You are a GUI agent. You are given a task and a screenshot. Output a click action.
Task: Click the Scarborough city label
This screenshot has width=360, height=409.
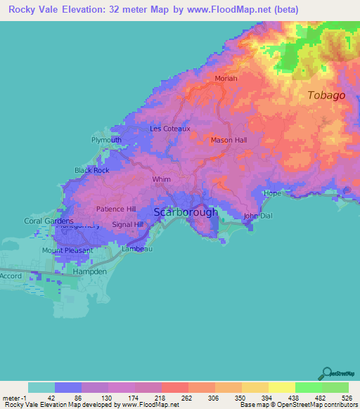click(x=186, y=212)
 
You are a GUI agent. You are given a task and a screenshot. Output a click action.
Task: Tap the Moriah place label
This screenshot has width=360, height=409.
click(x=226, y=79)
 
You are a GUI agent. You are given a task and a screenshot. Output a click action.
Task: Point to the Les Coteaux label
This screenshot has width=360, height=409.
click(x=167, y=129)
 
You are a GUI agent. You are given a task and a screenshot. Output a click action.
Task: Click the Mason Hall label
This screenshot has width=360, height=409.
click(x=229, y=141)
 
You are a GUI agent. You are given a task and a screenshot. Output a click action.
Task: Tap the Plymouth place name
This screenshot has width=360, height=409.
click(x=106, y=140)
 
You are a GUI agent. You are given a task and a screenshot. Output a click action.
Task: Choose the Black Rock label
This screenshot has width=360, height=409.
click(x=91, y=171)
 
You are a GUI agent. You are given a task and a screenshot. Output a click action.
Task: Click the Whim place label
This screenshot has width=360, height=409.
click(x=161, y=180)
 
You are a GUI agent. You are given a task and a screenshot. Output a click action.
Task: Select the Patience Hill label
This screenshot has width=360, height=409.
click(x=116, y=209)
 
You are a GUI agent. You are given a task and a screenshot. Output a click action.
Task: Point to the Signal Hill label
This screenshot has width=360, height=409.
click(x=127, y=225)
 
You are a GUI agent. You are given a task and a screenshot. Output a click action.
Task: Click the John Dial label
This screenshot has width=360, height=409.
click(x=257, y=216)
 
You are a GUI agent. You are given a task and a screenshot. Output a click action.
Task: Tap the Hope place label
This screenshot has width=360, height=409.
click(x=271, y=193)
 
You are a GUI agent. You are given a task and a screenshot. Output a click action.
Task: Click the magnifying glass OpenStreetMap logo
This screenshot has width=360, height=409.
click(x=326, y=373)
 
